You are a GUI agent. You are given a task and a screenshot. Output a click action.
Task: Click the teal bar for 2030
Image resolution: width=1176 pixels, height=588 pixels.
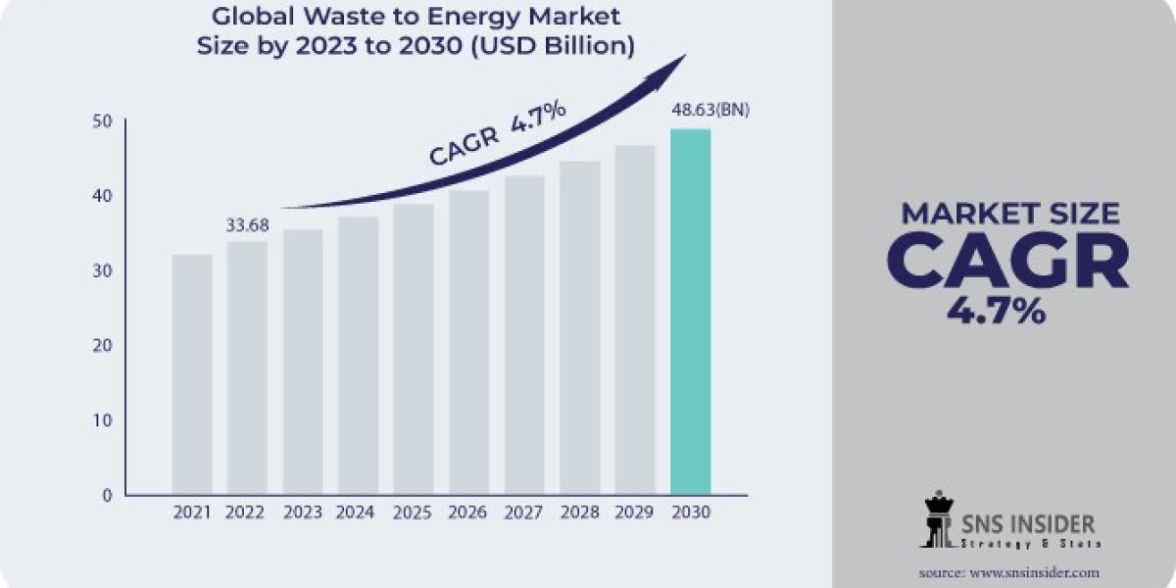[x=690, y=312]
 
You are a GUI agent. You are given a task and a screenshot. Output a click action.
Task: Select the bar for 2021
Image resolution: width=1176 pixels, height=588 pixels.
[x=191, y=374]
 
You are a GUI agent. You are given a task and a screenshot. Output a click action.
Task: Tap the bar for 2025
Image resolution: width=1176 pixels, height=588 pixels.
[x=413, y=349]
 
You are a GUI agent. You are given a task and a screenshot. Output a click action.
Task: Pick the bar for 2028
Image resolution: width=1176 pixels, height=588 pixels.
[x=579, y=327]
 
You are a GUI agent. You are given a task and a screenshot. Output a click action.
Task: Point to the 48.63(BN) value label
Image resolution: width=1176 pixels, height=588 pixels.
[x=710, y=110]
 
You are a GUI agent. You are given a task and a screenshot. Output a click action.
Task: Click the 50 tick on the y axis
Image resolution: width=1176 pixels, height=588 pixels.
[x=103, y=122]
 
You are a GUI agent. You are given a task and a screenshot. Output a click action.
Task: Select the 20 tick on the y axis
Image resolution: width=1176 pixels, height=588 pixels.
[x=103, y=346]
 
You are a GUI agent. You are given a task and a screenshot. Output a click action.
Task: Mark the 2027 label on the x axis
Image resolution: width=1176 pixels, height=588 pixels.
[x=523, y=512]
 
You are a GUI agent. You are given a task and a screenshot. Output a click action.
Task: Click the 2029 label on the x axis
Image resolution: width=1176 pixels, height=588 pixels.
[x=634, y=512]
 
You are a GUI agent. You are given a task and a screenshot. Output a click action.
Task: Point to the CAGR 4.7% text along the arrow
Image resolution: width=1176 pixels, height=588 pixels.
[x=497, y=133]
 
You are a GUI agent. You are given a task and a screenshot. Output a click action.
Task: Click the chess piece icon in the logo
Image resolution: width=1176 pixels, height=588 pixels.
[x=937, y=520]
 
